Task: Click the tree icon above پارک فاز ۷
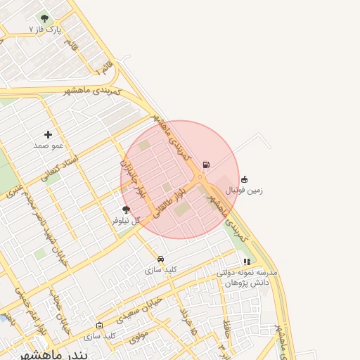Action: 45,19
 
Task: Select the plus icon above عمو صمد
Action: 49,134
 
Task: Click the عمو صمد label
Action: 49,145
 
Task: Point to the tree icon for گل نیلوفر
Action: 127,210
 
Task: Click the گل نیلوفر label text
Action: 127,220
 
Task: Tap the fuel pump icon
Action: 206,165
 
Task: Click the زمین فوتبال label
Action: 244,190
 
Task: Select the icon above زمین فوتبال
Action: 244,179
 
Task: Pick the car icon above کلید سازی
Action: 161,259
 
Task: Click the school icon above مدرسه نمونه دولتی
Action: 247,262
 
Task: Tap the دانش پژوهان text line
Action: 247,282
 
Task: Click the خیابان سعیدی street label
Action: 143,308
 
